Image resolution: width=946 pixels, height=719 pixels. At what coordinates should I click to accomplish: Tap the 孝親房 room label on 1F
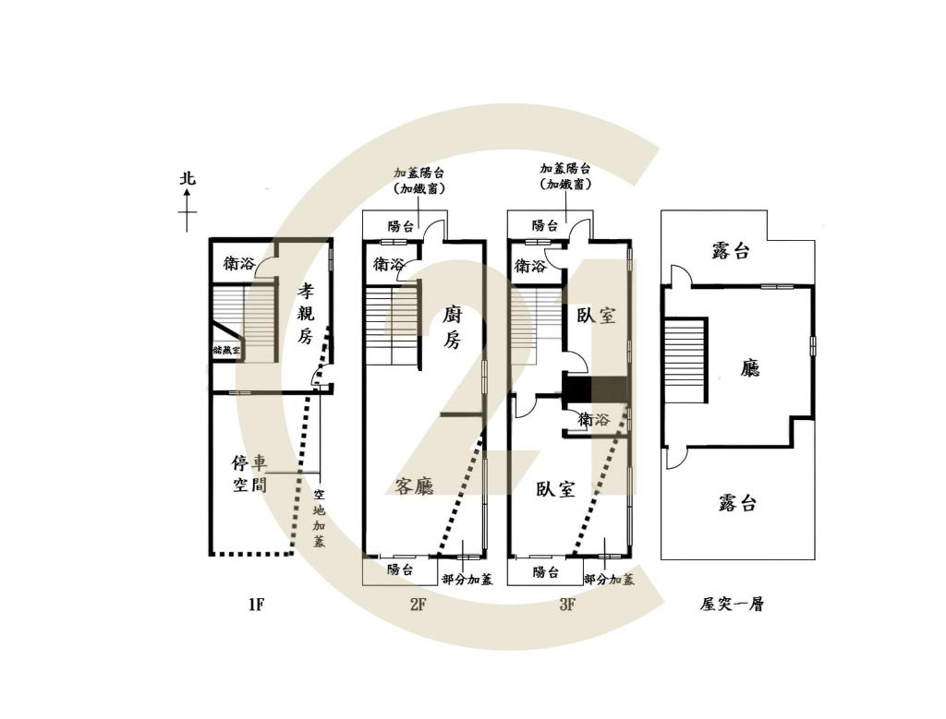coord(306,314)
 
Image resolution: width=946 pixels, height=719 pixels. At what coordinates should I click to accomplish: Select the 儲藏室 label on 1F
coord(226,351)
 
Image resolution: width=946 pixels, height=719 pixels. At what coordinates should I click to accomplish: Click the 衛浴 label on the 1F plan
coord(238,263)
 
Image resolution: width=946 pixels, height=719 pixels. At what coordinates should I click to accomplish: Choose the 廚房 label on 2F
coord(451,327)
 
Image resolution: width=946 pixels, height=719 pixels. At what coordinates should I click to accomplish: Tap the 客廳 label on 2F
coord(414,486)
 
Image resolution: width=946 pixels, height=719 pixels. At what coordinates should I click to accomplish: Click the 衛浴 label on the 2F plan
coord(389,264)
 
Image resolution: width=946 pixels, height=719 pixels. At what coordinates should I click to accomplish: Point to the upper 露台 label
coord(731,251)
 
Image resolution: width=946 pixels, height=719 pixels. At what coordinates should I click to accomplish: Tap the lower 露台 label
coord(737,503)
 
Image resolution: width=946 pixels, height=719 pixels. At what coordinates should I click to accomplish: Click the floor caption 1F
coord(256,605)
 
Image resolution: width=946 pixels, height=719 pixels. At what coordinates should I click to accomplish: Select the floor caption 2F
coord(417,605)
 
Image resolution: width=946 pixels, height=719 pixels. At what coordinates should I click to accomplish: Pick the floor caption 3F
coord(566,605)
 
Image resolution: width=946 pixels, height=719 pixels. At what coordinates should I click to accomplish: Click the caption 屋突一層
coord(732,605)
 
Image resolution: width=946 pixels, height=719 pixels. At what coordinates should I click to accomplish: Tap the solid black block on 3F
coord(595,389)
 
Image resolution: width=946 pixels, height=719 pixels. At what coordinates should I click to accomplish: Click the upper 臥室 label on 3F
coord(596,316)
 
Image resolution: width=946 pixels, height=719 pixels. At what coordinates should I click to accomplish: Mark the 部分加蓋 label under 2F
coord(467,580)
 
